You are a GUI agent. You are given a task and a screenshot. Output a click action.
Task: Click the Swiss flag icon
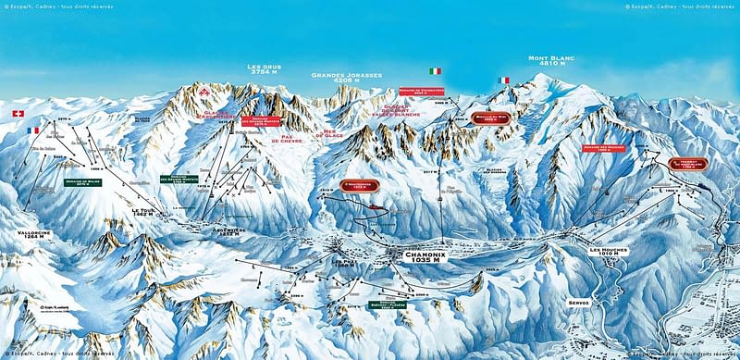(18, 113)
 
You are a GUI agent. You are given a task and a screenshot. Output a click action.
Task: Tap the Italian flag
(435, 71)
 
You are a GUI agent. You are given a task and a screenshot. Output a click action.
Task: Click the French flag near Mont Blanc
(504, 81)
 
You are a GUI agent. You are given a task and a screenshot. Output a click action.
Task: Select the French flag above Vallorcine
(34, 130)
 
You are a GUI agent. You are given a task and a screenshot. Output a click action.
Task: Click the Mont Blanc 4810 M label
(552, 62)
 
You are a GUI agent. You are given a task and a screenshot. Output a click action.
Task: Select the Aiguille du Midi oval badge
(489, 118)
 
